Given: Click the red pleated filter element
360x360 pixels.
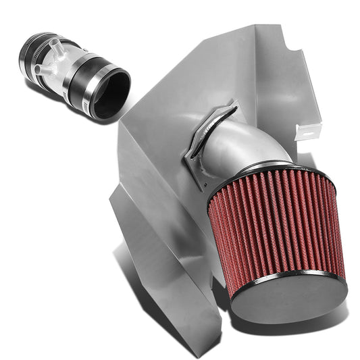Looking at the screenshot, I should [270, 223].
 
